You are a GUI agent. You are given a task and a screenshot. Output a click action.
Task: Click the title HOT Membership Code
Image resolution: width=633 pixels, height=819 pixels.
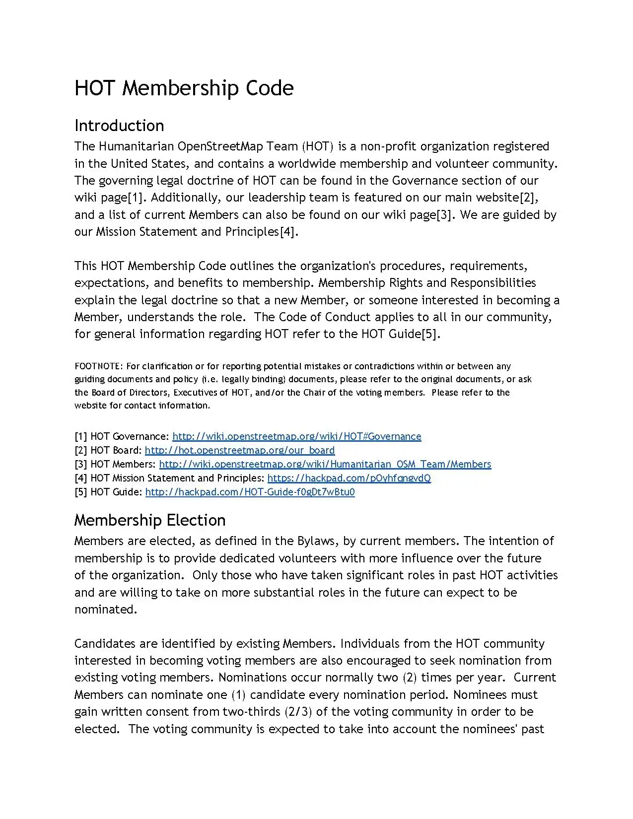(x=184, y=88)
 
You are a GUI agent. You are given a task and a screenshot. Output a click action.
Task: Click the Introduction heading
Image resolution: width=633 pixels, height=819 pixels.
(x=119, y=126)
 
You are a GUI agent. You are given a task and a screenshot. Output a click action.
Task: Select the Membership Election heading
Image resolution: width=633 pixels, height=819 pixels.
(x=149, y=520)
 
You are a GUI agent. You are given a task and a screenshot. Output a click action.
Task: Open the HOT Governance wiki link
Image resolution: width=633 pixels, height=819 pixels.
(x=296, y=436)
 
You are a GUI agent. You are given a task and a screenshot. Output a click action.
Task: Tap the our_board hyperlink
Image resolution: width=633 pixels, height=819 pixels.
(x=239, y=450)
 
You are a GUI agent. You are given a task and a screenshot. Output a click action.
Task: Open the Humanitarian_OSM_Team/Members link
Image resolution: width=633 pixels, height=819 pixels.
(x=325, y=464)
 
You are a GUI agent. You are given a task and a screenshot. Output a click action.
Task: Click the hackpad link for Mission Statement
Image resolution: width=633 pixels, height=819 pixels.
(x=349, y=478)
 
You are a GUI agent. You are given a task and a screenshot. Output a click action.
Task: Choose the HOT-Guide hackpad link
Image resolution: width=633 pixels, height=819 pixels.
(x=250, y=492)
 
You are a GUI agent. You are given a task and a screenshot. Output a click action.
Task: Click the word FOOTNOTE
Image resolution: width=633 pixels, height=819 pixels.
(x=98, y=366)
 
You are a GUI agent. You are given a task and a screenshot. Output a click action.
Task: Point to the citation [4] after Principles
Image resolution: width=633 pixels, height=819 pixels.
(x=287, y=232)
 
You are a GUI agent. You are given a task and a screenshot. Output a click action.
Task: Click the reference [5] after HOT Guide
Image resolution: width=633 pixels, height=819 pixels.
(x=430, y=334)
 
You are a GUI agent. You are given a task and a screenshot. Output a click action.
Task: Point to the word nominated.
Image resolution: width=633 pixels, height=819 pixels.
(x=105, y=610)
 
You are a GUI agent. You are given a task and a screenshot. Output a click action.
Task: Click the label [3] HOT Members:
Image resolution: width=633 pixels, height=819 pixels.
(x=115, y=464)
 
